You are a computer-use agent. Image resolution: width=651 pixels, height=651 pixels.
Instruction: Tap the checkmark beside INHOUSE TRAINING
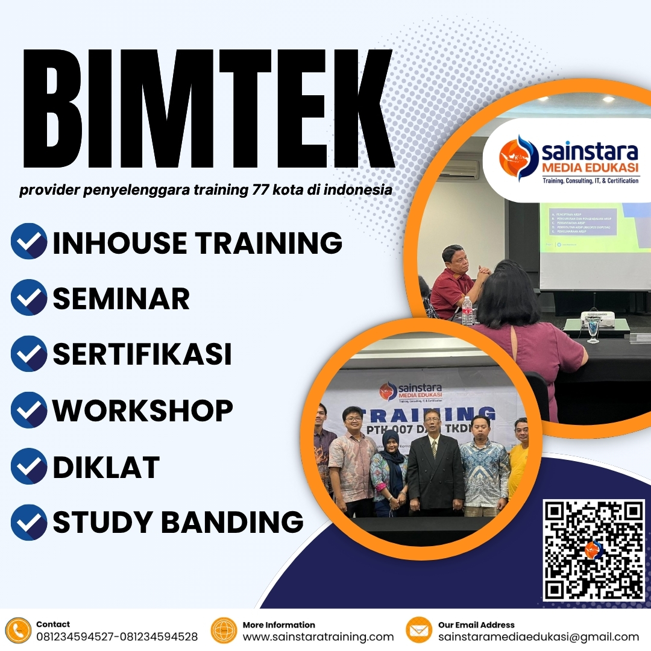29,241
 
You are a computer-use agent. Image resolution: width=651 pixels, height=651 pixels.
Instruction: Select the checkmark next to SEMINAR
29,297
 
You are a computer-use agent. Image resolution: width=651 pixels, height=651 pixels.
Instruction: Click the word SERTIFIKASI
142,354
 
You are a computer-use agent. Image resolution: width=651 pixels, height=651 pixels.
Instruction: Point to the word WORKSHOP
143,410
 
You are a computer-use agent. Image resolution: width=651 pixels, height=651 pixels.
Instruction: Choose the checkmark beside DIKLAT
29,467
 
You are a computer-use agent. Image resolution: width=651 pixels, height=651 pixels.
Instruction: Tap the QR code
594,550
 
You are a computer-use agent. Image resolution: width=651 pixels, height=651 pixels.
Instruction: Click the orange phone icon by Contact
18,631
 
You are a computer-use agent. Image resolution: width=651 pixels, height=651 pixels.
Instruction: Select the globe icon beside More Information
224,631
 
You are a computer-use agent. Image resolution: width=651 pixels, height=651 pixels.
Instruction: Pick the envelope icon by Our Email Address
419,631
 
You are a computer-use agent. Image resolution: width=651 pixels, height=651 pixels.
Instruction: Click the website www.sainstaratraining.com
318,637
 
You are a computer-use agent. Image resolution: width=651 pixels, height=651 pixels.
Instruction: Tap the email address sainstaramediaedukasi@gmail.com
538,637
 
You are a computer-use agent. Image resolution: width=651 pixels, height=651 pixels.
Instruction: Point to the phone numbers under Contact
117,637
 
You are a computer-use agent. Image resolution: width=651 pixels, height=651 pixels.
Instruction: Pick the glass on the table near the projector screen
594,330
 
